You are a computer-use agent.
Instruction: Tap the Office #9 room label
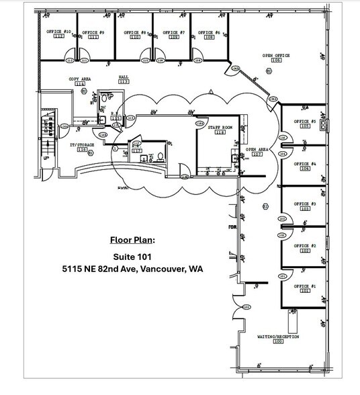pyautogui.click(x=93, y=32)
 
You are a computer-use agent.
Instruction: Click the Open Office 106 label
pyautogui.click(x=275, y=57)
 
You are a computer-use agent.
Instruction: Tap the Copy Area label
pyautogui.click(x=80, y=79)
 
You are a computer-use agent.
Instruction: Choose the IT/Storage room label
pyautogui.click(x=82, y=145)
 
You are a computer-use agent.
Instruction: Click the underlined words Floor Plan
pyautogui.click(x=132, y=239)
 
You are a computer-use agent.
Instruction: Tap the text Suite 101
pyautogui.click(x=132, y=255)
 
